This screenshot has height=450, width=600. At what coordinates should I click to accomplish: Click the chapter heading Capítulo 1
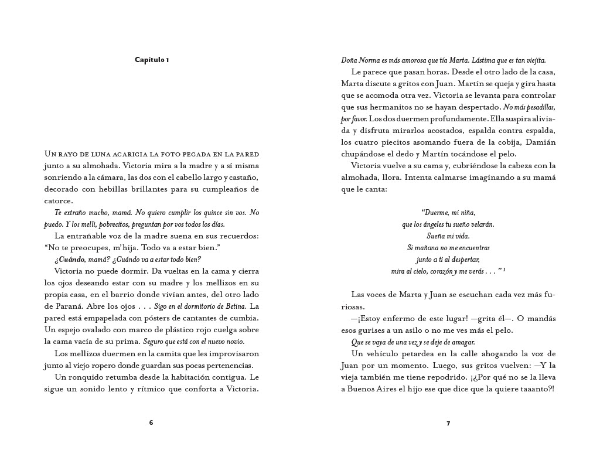click(x=152, y=60)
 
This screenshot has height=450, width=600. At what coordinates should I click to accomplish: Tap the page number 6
click(x=151, y=422)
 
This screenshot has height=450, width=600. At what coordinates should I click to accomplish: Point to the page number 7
click(x=448, y=423)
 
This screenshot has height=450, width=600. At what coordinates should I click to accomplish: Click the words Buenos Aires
click(x=377, y=389)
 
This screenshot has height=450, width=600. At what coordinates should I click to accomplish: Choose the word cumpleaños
click(x=225, y=189)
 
